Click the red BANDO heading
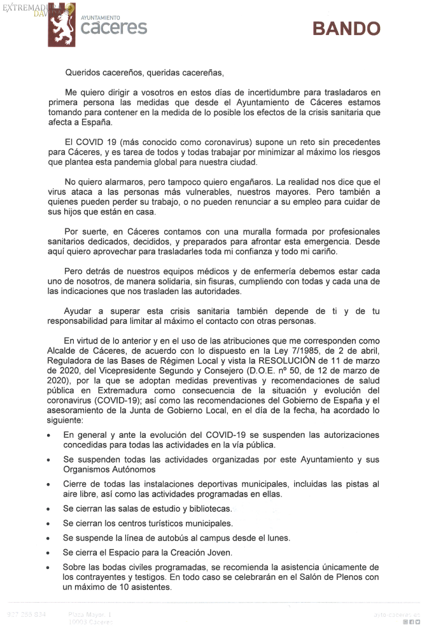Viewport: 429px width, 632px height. pyautogui.click(x=346, y=29)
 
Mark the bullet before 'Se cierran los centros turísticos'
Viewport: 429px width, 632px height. pyautogui.click(x=49, y=524)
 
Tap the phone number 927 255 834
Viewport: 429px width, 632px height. pyautogui.click(x=27, y=614)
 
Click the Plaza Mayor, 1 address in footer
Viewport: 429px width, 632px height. pyautogui.click(x=90, y=614)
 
